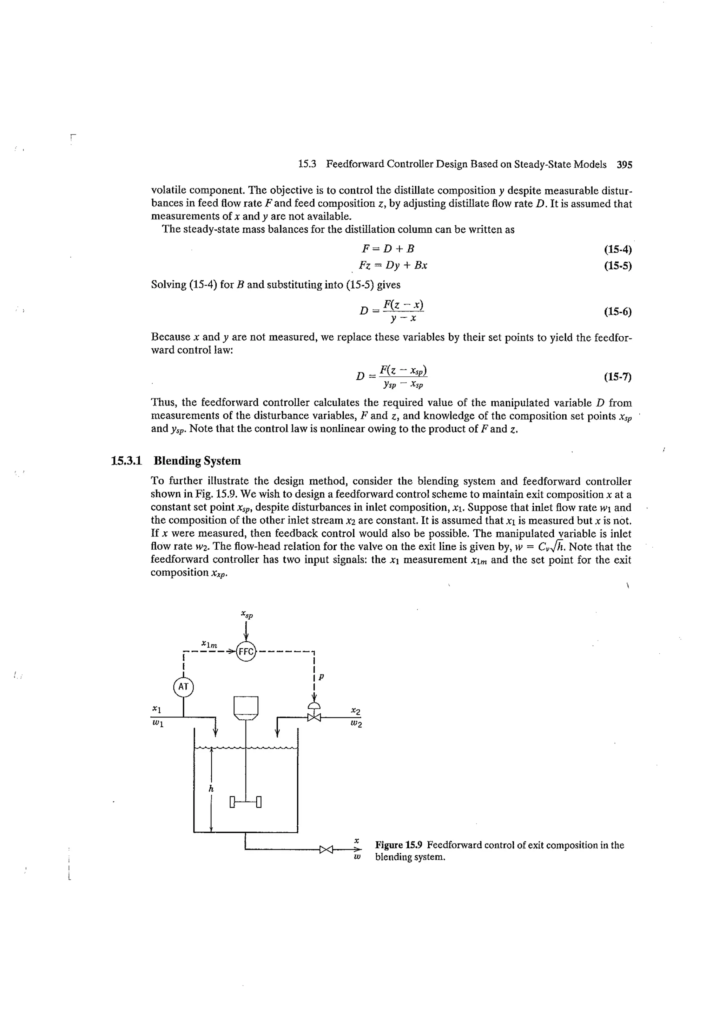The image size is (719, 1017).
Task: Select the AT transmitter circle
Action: (183, 687)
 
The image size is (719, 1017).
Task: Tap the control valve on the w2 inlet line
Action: (314, 716)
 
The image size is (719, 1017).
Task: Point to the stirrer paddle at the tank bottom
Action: (246, 802)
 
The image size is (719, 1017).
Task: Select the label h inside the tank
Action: (211, 788)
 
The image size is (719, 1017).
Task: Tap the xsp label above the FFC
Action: (247, 614)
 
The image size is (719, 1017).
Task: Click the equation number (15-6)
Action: (618, 311)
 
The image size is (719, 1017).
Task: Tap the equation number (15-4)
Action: (618, 249)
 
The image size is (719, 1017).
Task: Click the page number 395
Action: (625, 165)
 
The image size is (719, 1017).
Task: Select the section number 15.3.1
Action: (126, 461)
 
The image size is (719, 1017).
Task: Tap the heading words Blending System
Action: (197, 461)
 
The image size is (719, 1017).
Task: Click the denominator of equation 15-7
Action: (403, 384)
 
